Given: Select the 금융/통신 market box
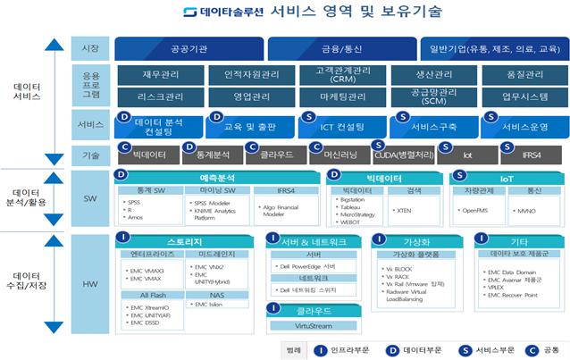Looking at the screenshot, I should pyautogui.click(x=341, y=48).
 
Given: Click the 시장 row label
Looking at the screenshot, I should pyautogui.click(x=89, y=48).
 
